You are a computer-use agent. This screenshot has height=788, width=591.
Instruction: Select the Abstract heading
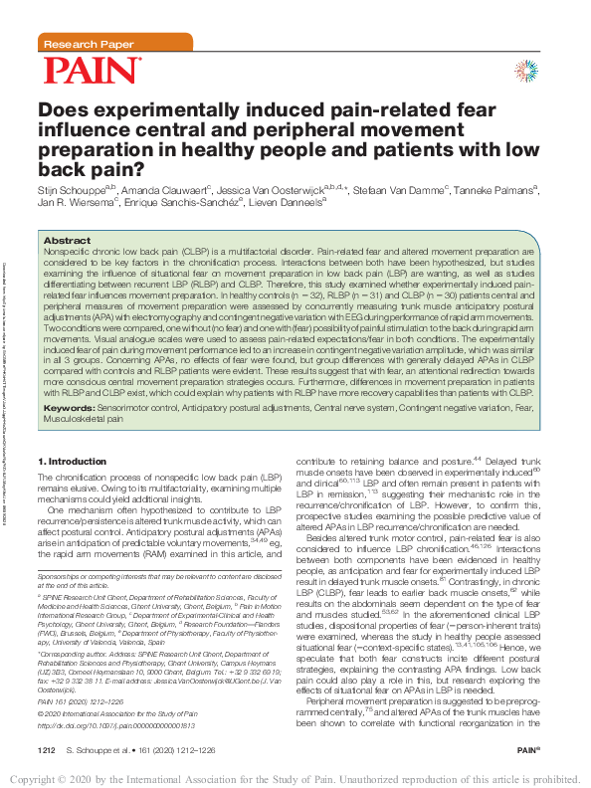[x=68, y=241]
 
